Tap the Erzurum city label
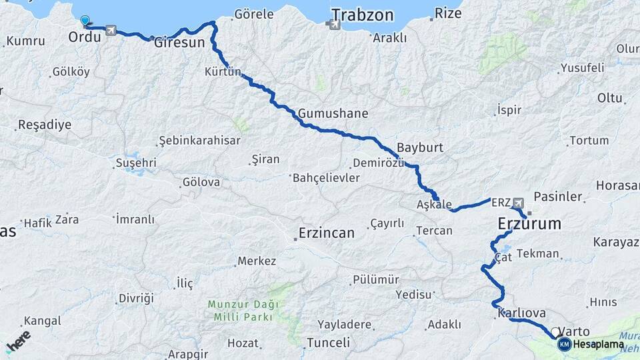529,224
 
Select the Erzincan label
326,233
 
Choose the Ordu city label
85,37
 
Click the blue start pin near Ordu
85,21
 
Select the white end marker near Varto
555,331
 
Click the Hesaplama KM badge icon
564,344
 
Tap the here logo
19,343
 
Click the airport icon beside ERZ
519,202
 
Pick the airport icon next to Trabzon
331,24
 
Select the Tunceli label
327,343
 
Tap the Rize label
447,13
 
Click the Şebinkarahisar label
199,141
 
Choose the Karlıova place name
521,313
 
